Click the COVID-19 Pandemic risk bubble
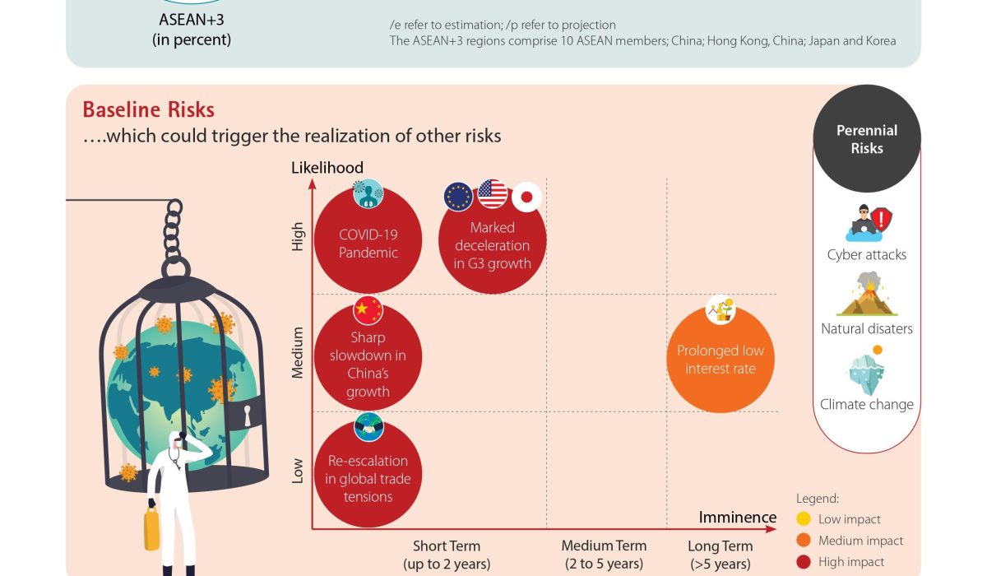pyautogui.click(x=368, y=244)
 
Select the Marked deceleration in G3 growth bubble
pyautogui.click(x=493, y=245)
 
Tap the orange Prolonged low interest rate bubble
pyautogui.click(x=720, y=360)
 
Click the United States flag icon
pyautogui.click(x=493, y=194)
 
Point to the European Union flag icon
pyautogui.click(x=458, y=197)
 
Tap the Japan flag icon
pyautogui.click(x=526, y=197)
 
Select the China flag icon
pyautogui.click(x=368, y=310)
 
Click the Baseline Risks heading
pyautogui.click(x=148, y=110)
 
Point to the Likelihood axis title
pyautogui.click(x=327, y=168)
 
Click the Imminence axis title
pyautogui.click(x=737, y=517)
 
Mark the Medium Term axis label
pyautogui.click(x=604, y=546)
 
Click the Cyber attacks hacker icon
pyautogui.click(x=867, y=223)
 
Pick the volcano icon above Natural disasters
pyautogui.click(x=867, y=296)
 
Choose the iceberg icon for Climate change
pyautogui.click(x=867, y=372)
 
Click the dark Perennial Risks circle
pyautogui.click(x=867, y=138)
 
